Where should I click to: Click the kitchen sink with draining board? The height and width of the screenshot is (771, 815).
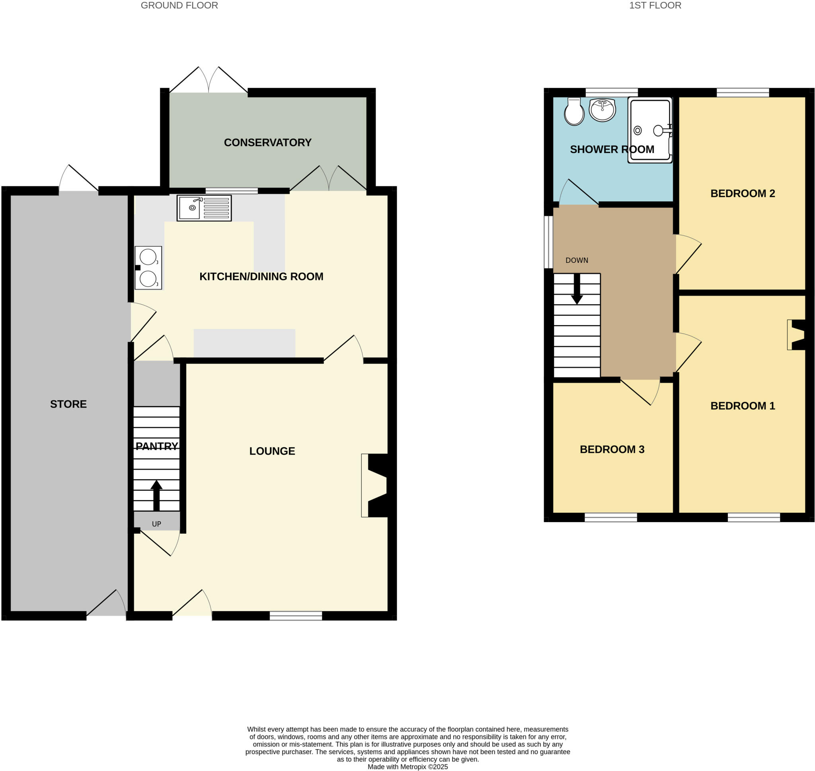204,208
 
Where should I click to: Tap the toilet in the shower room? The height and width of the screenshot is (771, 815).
573,112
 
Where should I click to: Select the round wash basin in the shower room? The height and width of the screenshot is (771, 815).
602,110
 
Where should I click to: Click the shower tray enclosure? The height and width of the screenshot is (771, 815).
649,130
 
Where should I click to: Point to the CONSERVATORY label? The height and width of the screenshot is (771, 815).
267,143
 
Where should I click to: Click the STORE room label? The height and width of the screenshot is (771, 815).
68,404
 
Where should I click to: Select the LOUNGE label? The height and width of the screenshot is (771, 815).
272,451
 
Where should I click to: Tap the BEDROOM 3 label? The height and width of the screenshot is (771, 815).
611,449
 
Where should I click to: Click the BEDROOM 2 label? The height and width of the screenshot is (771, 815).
742,193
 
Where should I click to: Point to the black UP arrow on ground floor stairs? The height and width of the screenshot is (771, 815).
156,495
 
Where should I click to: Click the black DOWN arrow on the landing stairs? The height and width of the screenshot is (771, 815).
577,289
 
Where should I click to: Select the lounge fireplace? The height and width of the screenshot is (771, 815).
376,485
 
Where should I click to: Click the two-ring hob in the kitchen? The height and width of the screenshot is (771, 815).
148,268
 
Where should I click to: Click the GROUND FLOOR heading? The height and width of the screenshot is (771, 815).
179,5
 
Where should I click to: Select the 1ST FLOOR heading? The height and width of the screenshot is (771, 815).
655,5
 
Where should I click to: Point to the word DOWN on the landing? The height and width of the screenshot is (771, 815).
577,260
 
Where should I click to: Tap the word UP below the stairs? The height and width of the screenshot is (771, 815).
156,524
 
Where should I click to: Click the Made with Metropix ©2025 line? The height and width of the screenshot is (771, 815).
407,767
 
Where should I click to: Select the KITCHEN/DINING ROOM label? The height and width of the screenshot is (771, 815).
261,277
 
